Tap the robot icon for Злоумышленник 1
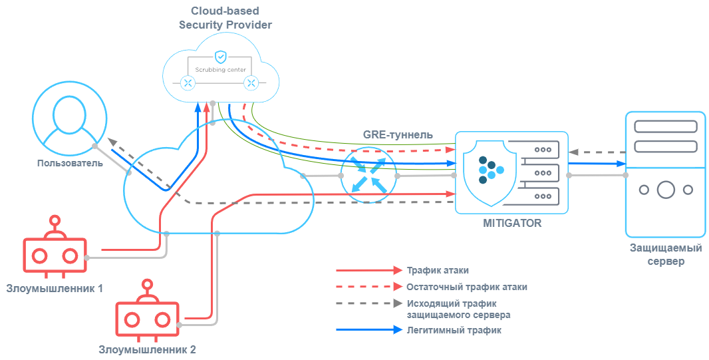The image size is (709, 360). point(55,253)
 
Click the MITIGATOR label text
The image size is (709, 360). point(511,224)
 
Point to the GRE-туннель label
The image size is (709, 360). point(398,134)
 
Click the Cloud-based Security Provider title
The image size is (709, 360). point(225,17)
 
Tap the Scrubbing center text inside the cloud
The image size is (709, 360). point(220,69)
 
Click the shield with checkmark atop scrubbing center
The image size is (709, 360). point(220,57)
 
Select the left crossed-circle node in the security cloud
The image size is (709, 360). point(188,83)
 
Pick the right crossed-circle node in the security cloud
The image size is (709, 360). point(251,83)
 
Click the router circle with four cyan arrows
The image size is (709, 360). point(368,176)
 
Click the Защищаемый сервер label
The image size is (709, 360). point(666,255)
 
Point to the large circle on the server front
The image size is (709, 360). point(666,190)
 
